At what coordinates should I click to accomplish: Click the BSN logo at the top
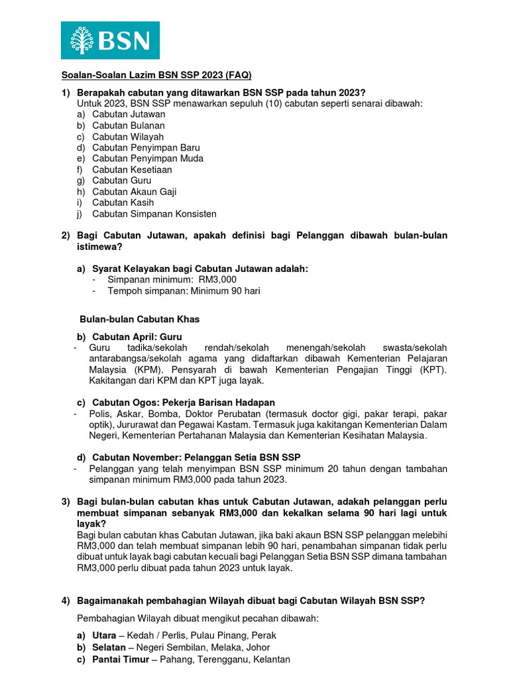[110, 40]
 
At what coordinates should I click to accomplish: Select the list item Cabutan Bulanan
[129, 125]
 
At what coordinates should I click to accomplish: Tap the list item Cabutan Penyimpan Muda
[148, 158]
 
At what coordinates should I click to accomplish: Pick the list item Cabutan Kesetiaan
[132, 170]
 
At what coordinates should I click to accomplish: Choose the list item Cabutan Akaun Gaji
[134, 192]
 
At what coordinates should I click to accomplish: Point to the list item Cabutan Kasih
[123, 203]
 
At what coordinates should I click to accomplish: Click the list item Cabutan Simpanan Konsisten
[154, 214]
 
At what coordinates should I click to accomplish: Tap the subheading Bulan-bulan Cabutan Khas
[139, 319]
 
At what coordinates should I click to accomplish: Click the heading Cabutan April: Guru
[137, 337]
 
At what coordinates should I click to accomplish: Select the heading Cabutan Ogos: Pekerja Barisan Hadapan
[184, 402]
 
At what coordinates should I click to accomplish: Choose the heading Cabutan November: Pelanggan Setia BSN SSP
[196, 458]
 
